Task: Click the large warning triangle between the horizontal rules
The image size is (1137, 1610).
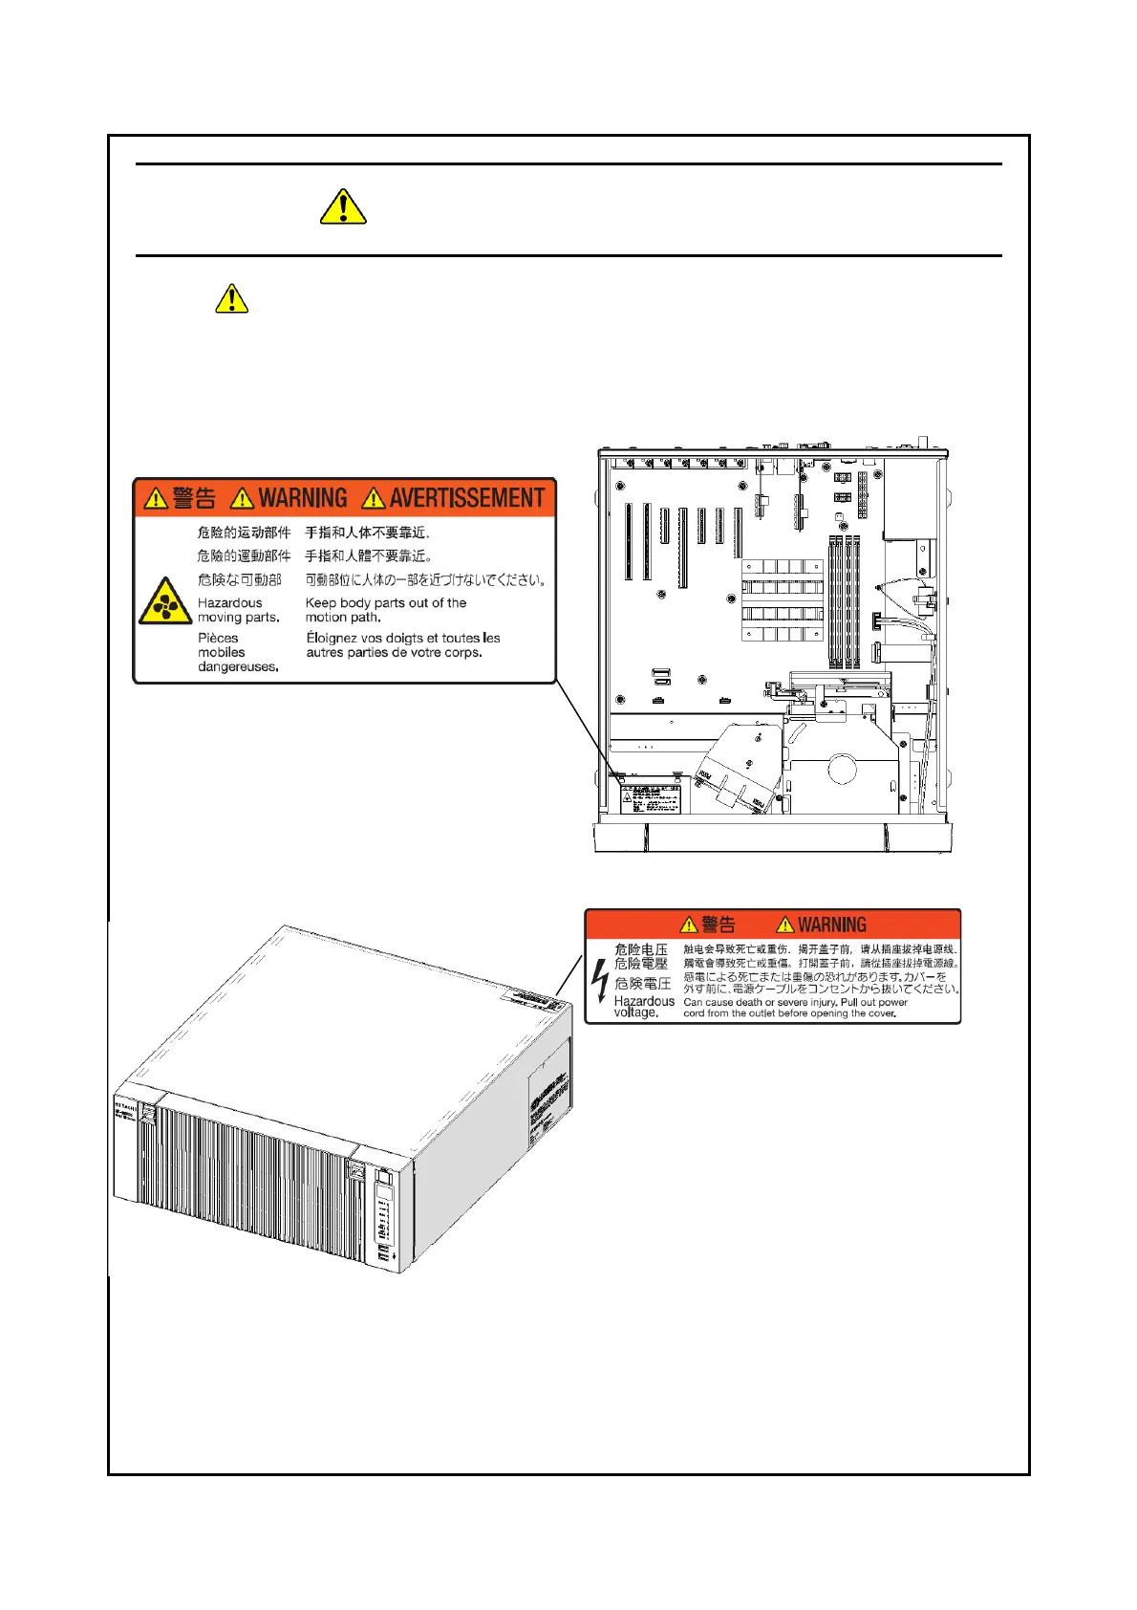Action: click(343, 207)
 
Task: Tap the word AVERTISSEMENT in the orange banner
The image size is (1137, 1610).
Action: click(466, 498)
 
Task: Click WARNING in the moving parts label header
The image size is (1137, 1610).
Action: click(302, 498)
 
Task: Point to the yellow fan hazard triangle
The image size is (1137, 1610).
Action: click(165, 603)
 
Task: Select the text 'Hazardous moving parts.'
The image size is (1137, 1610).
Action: click(238, 610)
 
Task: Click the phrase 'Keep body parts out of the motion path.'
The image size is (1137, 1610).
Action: click(385, 610)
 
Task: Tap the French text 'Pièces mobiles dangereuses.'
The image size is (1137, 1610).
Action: click(237, 652)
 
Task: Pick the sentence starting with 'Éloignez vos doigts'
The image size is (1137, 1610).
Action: click(402, 645)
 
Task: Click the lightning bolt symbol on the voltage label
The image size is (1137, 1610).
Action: click(600, 980)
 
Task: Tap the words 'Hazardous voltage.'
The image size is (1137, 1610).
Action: click(643, 1007)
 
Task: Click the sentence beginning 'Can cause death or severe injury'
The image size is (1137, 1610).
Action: click(795, 1008)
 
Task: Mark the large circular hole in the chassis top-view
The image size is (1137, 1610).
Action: click(842, 768)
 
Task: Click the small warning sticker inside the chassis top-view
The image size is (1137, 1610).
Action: click(650, 799)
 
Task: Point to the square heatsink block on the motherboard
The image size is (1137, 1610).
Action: click(781, 600)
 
